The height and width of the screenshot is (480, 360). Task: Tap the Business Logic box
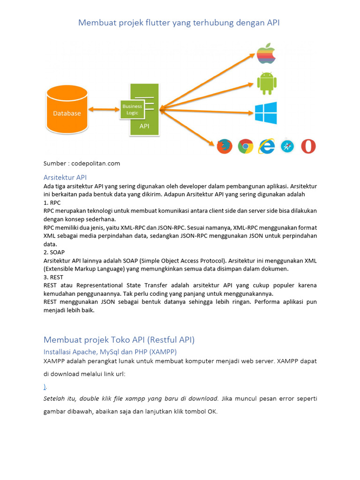[x=132, y=110]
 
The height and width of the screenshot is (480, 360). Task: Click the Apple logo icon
[x=266, y=54]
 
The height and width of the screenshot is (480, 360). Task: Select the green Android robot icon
[x=266, y=82]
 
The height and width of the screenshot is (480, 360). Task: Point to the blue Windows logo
[x=266, y=113]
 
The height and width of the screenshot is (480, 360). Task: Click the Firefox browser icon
[x=224, y=146]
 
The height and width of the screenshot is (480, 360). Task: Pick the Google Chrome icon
[x=245, y=146]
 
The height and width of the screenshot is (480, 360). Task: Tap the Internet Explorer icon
[x=267, y=146]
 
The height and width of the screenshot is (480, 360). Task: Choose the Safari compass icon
[x=287, y=146]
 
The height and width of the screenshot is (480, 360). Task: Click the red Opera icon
[x=308, y=146]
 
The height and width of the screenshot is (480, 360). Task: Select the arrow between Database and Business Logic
[x=104, y=110]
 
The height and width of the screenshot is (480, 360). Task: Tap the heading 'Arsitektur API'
[x=65, y=177]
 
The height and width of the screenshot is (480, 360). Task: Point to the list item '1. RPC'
[x=52, y=202]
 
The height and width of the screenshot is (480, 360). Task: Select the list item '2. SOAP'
[x=54, y=252]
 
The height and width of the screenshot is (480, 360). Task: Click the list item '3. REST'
[x=53, y=277]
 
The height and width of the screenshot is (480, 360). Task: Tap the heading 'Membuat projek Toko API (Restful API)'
[x=119, y=339]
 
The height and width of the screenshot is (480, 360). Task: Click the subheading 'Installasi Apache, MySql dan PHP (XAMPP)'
[x=110, y=352]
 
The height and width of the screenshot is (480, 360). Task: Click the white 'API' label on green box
[x=145, y=126]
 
